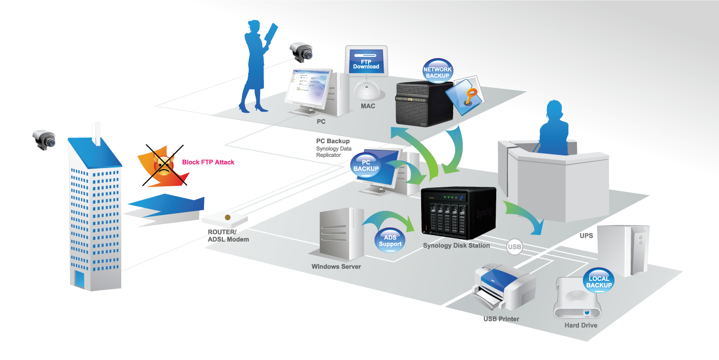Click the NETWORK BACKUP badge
437,72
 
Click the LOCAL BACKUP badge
599,282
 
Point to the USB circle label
514,247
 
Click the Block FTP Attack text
208,162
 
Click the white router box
225,218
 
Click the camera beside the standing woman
301,52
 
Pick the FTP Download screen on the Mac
366,63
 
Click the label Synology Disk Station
456,246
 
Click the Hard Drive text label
580,325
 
